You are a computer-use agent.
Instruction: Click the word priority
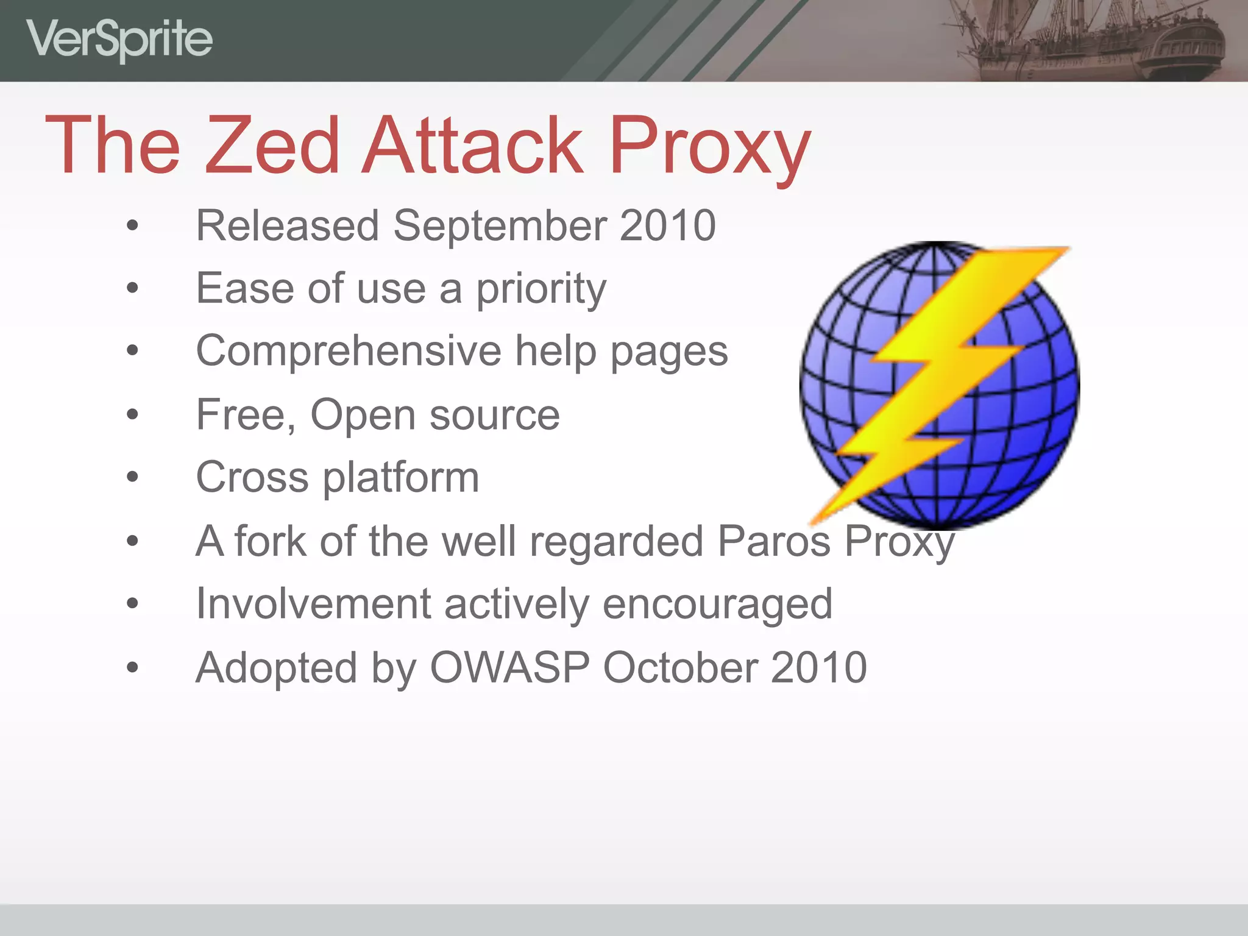[x=541, y=289]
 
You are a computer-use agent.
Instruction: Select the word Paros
[x=774, y=541]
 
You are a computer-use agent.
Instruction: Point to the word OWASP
[x=510, y=668]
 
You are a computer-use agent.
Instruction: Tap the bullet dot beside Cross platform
[x=132, y=477]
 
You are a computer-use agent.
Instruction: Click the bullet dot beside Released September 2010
[x=132, y=226]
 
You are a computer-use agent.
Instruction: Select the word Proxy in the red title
[x=710, y=146]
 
